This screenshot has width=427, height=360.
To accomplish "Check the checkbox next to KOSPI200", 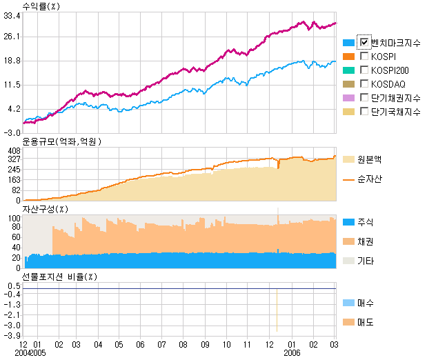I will [365, 70].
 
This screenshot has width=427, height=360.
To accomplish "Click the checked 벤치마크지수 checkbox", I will [365, 43].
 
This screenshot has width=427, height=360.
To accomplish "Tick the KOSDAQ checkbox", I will [365, 84].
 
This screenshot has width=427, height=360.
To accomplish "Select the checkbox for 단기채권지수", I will [365, 98].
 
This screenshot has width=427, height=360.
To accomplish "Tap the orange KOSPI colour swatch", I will [348, 57].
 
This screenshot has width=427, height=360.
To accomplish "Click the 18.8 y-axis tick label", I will [12, 61].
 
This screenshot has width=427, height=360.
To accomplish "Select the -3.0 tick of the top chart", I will [12, 132].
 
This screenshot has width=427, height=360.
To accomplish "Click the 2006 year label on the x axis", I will [293, 353].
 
